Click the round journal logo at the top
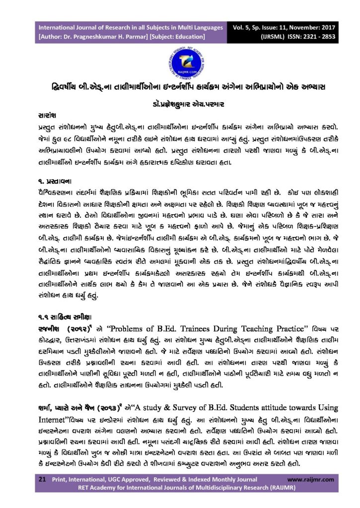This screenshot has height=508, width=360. click(179, 62)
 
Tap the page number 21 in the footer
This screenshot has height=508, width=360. click(43, 480)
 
